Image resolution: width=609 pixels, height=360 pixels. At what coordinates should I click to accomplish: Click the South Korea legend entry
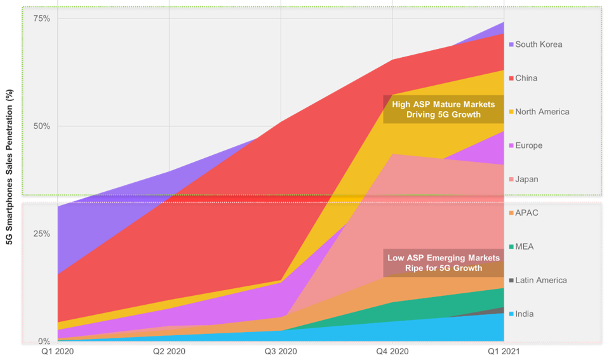pos(538,44)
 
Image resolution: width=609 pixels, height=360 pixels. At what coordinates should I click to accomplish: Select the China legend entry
pos(526,78)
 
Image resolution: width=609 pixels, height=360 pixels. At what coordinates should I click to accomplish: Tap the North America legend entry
pos(542,112)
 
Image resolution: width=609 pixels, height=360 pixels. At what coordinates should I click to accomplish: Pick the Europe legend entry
pos(528,145)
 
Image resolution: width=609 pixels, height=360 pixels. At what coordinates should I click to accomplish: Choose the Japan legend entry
pos(526,179)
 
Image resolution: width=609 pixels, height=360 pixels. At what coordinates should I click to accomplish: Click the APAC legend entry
pos(526,213)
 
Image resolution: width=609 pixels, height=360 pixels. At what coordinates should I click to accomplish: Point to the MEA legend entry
pos(525,246)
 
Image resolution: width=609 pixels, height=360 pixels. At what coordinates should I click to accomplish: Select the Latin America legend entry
pos(540,280)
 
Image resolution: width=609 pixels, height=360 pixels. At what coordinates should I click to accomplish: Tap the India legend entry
pos(524,314)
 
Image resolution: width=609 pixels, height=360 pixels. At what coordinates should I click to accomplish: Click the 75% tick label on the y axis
pos(41,18)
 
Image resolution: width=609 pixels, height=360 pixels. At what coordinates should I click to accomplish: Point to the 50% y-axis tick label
pos(41,126)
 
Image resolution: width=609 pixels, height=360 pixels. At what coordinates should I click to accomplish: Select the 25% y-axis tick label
pos(41,234)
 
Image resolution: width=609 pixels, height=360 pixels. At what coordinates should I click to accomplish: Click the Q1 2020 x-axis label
pos(57,350)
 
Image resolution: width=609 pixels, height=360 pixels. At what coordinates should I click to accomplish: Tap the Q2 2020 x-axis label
pos(169,350)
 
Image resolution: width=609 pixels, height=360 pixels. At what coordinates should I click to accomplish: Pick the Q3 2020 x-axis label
pos(281,350)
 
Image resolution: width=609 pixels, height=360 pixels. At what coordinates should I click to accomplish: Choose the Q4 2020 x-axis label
pos(393,350)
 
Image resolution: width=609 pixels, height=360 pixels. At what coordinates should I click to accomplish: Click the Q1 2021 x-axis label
pos(505,350)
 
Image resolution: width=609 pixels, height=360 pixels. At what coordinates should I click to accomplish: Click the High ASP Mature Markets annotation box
pos(443,109)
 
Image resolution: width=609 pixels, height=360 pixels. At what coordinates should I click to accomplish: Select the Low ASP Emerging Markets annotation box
pos(443,263)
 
